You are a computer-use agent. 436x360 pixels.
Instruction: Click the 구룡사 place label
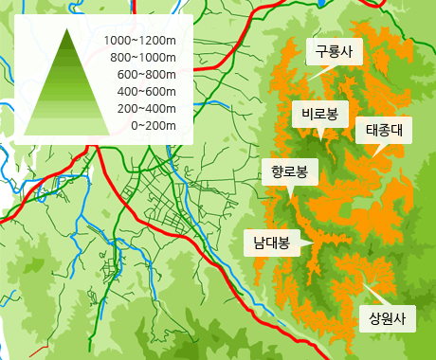(333, 53)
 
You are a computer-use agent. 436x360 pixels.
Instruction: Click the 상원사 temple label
(387, 318)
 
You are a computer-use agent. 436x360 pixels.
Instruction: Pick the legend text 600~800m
(147, 74)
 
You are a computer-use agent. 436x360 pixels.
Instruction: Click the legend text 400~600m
(147, 91)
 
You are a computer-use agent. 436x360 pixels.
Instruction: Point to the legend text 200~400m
(147, 108)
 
